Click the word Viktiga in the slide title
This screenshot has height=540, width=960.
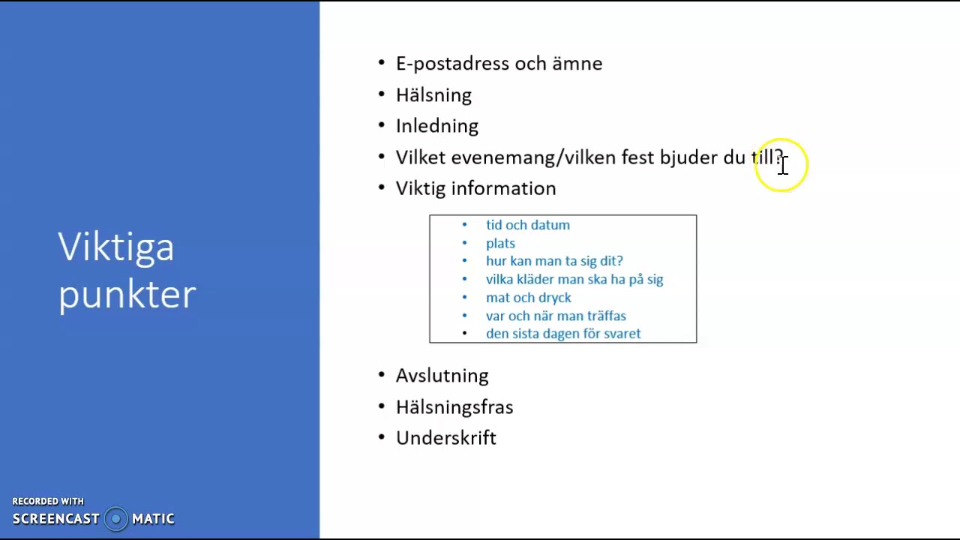(x=116, y=247)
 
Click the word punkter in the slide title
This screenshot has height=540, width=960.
(x=127, y=295)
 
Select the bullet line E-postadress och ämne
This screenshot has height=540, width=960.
(x=499, y=64)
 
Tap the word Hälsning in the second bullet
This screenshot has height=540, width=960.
(x=433, y=95)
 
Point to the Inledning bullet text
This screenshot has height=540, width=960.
(x=436, y=126)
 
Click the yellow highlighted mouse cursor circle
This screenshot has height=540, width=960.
(x=781, y=166)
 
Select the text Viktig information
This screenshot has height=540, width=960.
(x=475, y=188)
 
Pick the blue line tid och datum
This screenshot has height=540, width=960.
(x=527, y=225)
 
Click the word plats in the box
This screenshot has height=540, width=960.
(x=500, y=244)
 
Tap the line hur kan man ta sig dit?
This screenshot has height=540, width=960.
(x=554, y=261)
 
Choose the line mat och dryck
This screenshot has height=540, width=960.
(x=528, y=298)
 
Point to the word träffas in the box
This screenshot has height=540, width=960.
(x=606, y=316)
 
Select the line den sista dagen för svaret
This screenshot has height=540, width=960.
(x=562, y=334)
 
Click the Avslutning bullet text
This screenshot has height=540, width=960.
(x=442, y=376)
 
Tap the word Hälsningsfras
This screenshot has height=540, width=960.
(x=454, y=407)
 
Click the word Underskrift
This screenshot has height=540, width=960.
(x=445, y=438)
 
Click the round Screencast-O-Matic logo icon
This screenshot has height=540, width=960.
(x=115, y=519)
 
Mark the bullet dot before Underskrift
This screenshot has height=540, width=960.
(x=382, y=436)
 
